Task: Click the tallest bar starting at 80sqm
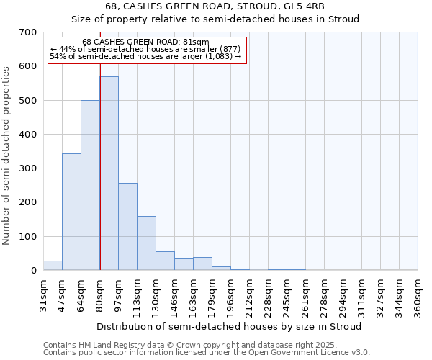tap(109, 173)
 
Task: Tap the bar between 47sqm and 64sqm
tap(71, 212)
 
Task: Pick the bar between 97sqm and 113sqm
tap(127, 227)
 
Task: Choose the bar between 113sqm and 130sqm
tap(146, 243)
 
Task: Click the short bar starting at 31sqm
tap(53, 266)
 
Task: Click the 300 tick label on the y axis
tap(28, 168)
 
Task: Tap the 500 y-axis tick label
tap(28, 100)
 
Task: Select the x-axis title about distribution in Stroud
tap(228, 326)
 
